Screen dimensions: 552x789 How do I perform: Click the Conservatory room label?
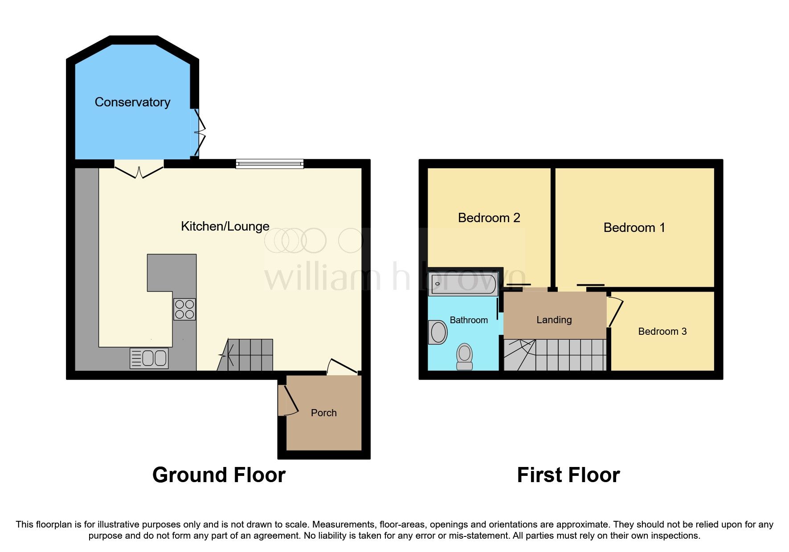[x=132, y=102]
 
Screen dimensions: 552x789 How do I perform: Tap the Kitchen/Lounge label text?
[x=225, y=226]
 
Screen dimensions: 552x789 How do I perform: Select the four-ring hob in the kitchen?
[x=184, y=309]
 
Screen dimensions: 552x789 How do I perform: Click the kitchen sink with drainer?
[x=149, y=358]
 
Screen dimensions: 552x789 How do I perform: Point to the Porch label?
[x=323, y=413]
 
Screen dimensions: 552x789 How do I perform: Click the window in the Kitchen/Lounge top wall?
[x=270, y=164]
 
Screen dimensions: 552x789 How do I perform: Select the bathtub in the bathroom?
[x=463, y=284]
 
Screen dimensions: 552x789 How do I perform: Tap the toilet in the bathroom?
[x=465, y=357]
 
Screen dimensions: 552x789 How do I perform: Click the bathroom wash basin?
[x=438, y=332]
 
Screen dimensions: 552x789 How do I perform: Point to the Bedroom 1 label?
[x=634, y=227]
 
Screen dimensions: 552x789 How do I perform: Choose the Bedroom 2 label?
[x=489, y=218]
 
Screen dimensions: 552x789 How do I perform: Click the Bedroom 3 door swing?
[x=614, y=312]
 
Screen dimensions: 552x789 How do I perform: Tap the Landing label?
[x=554, y=320]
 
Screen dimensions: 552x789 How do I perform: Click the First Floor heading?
[x=568, y=475]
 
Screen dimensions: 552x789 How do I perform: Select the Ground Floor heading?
[x=219, y=475]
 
